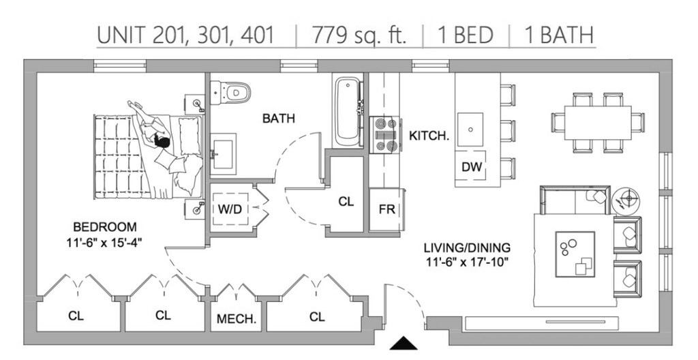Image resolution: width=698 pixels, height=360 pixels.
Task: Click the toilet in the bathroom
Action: [x=230, y=93]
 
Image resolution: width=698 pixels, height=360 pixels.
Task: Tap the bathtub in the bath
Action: [x=348, y=111]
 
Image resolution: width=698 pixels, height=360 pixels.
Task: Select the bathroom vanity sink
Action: [x=223, y=153]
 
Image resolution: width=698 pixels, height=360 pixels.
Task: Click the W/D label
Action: [x=230, y=209]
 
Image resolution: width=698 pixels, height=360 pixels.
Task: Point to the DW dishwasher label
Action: [x=472, y=167]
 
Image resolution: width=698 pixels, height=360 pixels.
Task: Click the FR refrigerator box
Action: [x=386, y=209]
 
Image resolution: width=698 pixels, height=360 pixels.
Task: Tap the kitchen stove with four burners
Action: [x=385, y=135]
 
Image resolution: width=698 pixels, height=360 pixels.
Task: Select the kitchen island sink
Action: [x=470, y=130]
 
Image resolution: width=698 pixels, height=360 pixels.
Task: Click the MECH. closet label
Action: [x=237, y=319]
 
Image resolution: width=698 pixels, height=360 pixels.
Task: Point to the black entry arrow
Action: [x=404, y=343]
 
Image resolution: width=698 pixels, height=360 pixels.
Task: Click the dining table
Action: [x=598, y=123]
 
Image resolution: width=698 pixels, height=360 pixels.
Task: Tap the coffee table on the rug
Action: [x=575, y=254]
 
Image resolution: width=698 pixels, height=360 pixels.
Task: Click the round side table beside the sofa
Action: [x=626, y=199]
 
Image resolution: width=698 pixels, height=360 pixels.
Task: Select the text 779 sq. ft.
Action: [x=359, y=35]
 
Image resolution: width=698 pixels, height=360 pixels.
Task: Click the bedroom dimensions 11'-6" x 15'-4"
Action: [x=104, y=242]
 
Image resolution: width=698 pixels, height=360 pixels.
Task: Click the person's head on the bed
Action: [x=162, y=142]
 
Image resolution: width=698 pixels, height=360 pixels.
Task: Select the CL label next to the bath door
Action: [x=346, y=202]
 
